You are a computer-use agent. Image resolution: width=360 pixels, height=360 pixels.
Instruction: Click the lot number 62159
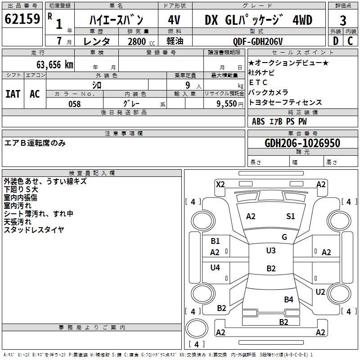22,19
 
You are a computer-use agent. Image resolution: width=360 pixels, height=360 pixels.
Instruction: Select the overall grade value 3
343,21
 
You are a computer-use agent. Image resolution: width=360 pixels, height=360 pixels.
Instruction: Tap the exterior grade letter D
336,40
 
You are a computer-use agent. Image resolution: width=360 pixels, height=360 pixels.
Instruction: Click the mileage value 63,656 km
49,64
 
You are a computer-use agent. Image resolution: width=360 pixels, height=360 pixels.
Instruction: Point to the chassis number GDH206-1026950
302,143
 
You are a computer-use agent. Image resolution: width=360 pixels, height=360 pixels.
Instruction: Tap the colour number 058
74,103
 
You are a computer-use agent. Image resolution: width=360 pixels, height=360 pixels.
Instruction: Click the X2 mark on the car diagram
220,184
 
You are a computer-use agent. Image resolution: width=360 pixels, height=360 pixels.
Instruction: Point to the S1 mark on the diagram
291,216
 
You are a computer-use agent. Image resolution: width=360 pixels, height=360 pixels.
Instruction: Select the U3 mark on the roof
271,251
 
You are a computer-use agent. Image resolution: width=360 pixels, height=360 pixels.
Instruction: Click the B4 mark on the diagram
288,299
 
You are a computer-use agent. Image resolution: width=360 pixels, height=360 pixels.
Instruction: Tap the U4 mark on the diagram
215,268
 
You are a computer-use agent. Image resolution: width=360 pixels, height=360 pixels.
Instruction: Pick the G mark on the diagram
284,237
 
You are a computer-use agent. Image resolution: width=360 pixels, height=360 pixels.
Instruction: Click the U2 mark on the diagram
320,292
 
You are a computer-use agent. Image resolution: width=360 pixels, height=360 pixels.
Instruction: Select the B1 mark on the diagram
215,241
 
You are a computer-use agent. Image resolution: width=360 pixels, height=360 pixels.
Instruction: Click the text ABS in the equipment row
258,121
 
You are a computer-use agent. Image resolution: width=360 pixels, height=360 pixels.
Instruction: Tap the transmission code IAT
13,94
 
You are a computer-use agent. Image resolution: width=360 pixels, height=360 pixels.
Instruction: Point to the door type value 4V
174,21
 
